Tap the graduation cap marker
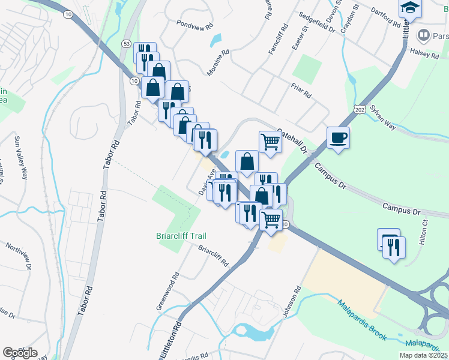pyautogui.click(x=411, y=8)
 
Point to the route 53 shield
pyautogui.click(x=126, y=44)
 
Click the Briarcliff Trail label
pyautogui.click(x=181, y=236)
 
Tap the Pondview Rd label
pyautogui.click(x=194, y=26)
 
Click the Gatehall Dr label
pyautogui.click(x=293, y=140)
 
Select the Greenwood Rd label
pyautogui.click(x=168, y=292)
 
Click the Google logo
pyautogui.click(x=20, y=352)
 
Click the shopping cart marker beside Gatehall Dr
pyautogui.click(x=270, y=142)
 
